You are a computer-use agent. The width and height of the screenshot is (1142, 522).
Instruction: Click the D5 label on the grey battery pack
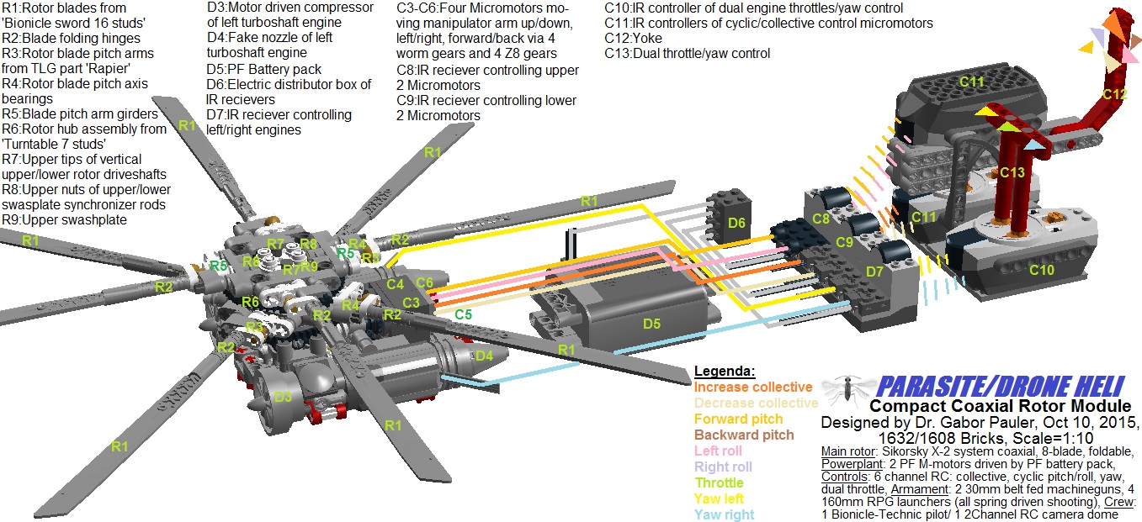[x=653, y=324]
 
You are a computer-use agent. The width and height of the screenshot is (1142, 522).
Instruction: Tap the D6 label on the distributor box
[x=736, y=223]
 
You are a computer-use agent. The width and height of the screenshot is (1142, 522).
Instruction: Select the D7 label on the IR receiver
[x=875, y=272]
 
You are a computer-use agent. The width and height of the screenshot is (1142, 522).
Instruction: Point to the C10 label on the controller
[x=1042, y=270]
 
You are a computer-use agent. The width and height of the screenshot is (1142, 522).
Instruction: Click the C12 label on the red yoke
[x=1114, y=95]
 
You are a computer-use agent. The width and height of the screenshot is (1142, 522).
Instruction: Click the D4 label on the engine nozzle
[x=483, y=356]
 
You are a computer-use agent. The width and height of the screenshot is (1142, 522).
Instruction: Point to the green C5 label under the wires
[x=463, y=315]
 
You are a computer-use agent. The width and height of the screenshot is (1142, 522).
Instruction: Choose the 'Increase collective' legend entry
[x=753, y=388]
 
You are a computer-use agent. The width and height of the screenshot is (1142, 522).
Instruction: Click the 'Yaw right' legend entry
[x=724, y=514]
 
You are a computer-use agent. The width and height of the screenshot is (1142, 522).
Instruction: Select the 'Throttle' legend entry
[x=719, y=482]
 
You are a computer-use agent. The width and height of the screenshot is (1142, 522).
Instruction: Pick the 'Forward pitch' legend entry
[x=738, y=419]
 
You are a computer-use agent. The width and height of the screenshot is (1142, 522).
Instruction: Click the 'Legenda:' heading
[x=725, y=372]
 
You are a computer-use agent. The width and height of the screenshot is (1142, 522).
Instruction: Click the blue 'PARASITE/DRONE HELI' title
[x=999, y=388]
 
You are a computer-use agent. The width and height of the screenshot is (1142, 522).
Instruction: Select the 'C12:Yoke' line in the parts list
[x=633, y=39]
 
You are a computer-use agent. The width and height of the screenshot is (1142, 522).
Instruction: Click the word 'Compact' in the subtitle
[x=900, y=406]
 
